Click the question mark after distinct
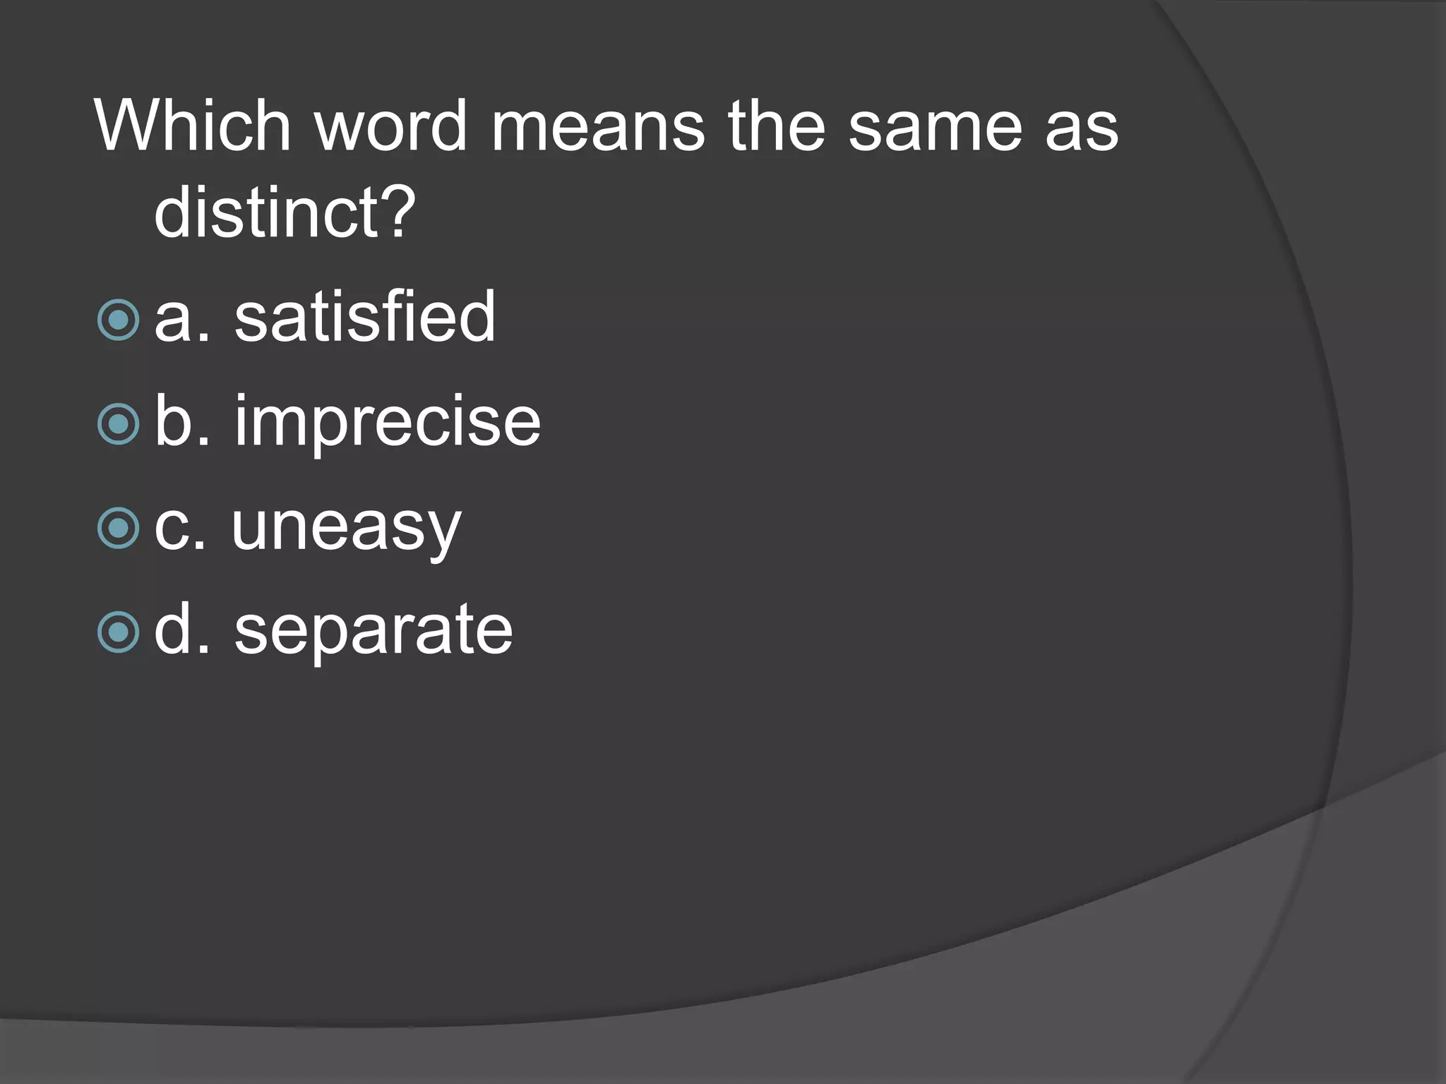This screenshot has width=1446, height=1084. (398, 212)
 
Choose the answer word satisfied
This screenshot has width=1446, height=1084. (365, 317)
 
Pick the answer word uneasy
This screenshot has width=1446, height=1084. (346, 528)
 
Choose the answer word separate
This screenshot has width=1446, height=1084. (374, 630)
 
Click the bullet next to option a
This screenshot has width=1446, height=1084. (119, 320)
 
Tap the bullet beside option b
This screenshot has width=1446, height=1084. (119, 424)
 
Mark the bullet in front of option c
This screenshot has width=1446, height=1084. (119, 528)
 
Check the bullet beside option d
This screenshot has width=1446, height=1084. (119, 632)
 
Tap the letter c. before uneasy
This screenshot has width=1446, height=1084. (181, 528)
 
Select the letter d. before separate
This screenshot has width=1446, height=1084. (182, 630)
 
